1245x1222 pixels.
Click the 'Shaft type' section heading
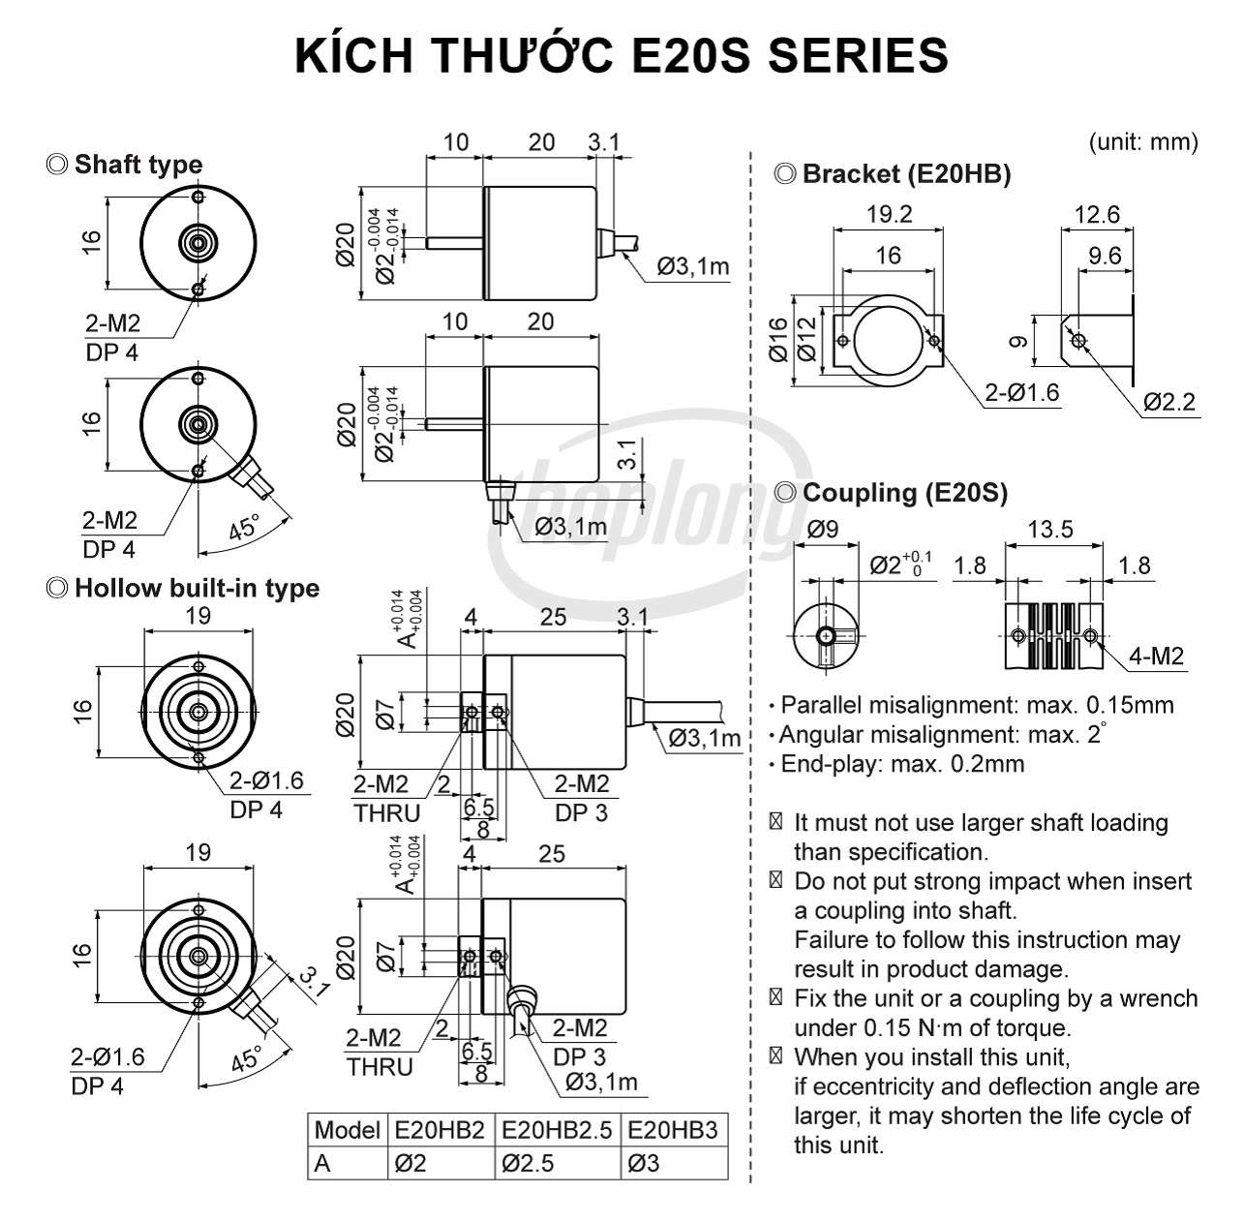point(138,165)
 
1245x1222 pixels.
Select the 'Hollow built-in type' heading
point(197,588)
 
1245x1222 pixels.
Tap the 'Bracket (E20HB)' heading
point(906,174)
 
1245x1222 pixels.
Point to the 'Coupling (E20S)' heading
point(905,493)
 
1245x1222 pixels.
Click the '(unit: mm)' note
point(1143,141)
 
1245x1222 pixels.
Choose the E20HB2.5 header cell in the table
point(557,1130)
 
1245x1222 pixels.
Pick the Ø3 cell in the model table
point(643,1163)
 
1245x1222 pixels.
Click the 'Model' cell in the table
point(347,1130)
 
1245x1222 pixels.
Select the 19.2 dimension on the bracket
point(889,214)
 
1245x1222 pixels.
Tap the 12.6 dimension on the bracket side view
point(1097,214)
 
